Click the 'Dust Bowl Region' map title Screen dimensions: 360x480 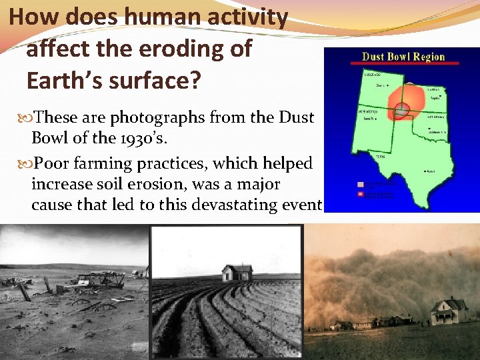point(403,56)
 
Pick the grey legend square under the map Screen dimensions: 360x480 point(362,183)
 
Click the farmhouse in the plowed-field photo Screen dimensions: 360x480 point(237,272)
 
